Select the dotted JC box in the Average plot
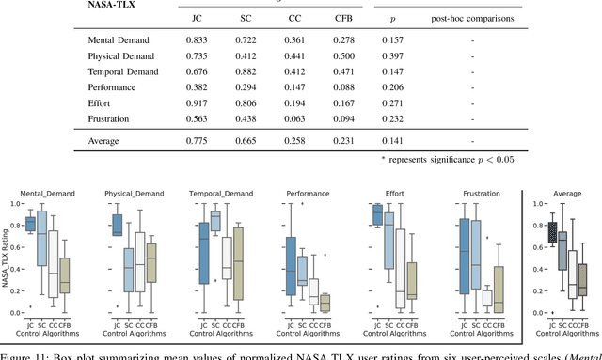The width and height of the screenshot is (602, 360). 551,232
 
